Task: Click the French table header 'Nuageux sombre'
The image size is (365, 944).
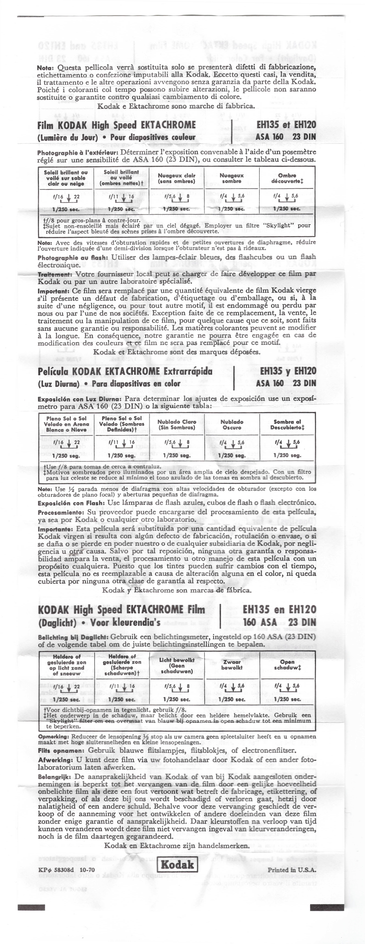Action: click(232, 178)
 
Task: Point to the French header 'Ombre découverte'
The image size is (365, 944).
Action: click(287, 178)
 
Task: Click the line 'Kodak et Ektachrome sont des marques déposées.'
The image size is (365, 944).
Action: click(177, 352)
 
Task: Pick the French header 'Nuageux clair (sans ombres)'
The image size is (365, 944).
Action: click(177, 178)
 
